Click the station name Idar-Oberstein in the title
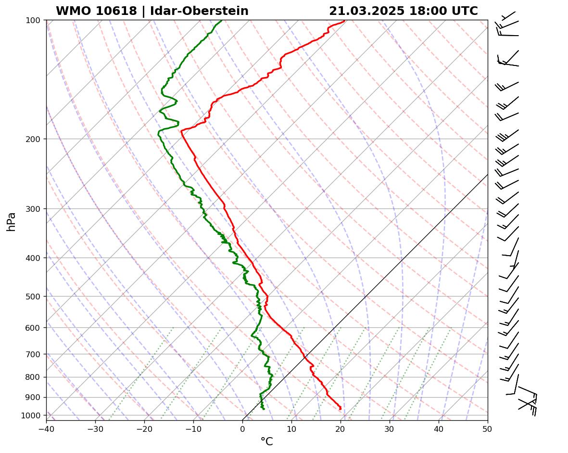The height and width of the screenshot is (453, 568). [199, 11]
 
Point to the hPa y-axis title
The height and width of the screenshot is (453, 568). [12, 221]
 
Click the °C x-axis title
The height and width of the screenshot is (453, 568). [266, 441]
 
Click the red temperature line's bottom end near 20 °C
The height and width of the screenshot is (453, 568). [341, 409]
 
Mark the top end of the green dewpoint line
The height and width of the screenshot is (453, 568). [221, 21]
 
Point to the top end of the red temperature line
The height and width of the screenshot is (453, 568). [344, 21]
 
